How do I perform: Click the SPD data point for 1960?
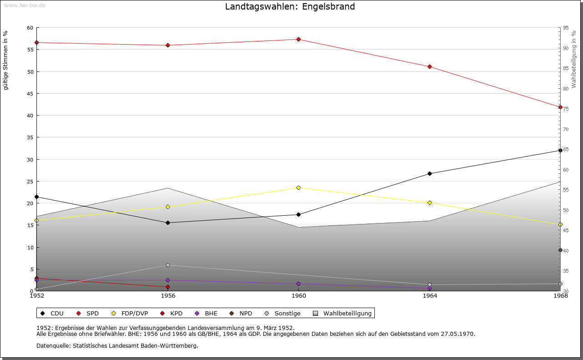(x=298, y=40)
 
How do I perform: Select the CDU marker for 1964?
(x=430, y=173)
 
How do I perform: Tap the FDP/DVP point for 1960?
(x=298, y=188)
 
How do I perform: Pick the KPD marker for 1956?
(x=168, y=287)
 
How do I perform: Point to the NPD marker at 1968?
(x=560, y=250)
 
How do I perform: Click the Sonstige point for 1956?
(x=168, y=265)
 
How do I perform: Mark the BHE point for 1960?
(x=298, y=284)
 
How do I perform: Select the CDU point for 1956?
(x=168, y=223)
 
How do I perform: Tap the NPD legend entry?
(x=245, y=313)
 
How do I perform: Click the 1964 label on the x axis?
(x=430, y=296)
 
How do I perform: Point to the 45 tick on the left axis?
(x=30, y=94)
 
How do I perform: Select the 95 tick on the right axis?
(x=566, y=28)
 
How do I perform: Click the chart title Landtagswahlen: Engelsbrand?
(x=290, y=7)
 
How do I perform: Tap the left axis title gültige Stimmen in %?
(x=5, y=61)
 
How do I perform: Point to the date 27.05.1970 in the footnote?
(x=458, y=334)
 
